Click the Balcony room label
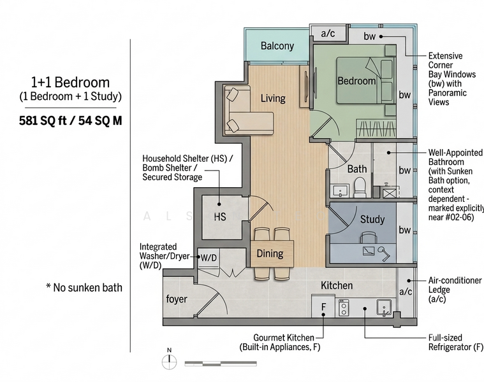[277, 46]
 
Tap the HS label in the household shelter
[220, 217]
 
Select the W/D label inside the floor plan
[209, 258]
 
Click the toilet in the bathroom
[360, 187]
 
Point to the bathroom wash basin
[340, 191]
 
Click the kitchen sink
[384, 308]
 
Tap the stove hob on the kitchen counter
[344, 308]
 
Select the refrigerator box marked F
[323, 306]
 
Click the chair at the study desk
[368, 237]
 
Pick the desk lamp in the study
[383, 253]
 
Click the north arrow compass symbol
[169, 359]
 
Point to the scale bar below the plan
[221, 364]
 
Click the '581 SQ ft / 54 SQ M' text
[70, 120]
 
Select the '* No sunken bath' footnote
[84, 287]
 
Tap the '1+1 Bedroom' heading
[70, 82]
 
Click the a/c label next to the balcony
[328, 33]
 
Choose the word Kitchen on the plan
[337, 285]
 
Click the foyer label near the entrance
[177, 299]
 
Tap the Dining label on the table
[270, 253]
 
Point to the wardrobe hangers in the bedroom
[376, 128]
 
